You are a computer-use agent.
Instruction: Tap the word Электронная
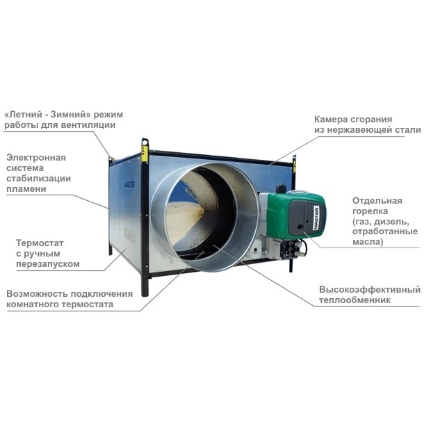[36, 157]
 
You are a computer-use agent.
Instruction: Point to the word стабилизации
[39, 179]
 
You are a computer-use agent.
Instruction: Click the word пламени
[26, 189]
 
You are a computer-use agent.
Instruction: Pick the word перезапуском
[48, 264]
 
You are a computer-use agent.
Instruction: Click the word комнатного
[33, 304]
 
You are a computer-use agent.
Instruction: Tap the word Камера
[330, 120]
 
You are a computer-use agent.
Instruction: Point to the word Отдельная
[377, 201]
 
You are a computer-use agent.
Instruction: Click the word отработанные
[385, 231]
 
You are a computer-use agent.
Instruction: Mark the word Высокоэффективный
[370, 290]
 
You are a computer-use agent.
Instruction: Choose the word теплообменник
[354, 300]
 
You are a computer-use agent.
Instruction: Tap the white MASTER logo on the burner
[316, 218]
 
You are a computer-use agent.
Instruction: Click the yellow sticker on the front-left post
[145, 154]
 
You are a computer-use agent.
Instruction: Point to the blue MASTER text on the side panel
[130, 186]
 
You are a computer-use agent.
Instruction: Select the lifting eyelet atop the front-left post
[145, 141]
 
